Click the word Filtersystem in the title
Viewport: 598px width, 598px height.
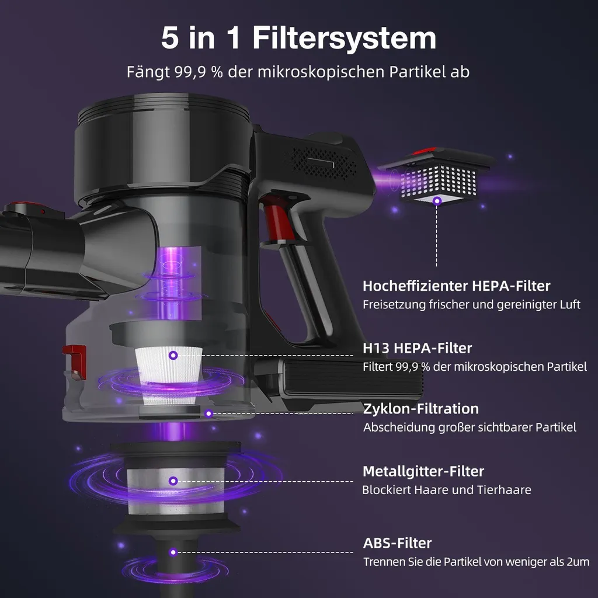344,38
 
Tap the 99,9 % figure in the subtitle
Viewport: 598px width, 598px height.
199,72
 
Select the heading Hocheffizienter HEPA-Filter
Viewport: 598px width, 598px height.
456,286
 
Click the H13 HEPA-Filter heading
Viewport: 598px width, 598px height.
417,348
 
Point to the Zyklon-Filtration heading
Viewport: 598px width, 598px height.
421,408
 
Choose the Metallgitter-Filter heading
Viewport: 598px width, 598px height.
423,471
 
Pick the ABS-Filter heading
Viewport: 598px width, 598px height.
397,543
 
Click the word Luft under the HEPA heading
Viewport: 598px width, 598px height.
570,304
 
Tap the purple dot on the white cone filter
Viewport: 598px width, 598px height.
173,356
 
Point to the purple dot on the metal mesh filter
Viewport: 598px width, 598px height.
173,481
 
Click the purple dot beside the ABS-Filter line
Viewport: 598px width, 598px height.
173,552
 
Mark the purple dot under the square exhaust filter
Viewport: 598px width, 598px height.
437,201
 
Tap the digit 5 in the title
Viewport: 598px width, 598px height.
170,38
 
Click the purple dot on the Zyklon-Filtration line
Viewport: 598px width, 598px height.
208,413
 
